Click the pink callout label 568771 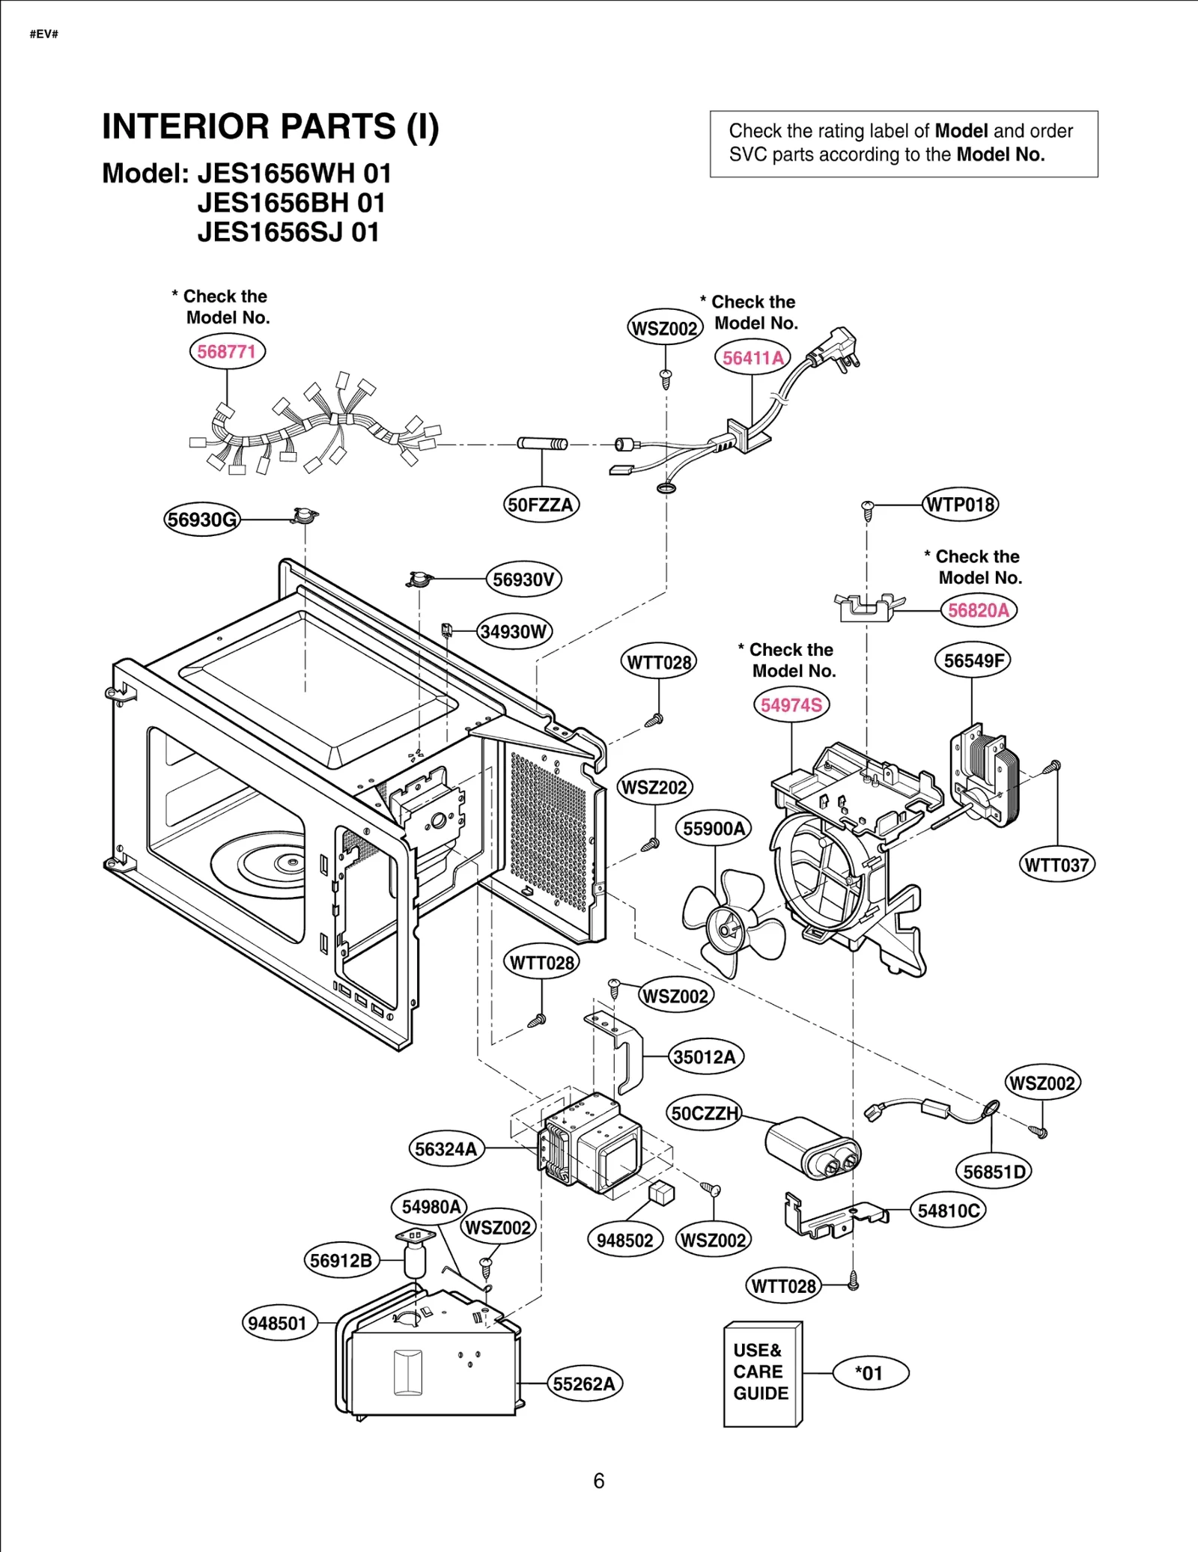click(227, 351)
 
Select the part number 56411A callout click(752, 358)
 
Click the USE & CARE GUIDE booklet click(761, 1373)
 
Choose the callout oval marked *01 click(870, 1373)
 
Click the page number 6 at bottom click(599, 1481)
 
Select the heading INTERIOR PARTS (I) click(270, 127)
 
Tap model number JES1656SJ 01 click(288, 232)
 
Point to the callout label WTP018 click(960, 505)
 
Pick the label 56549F click(973, 660)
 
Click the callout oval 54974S click(791, 705)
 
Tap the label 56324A click(446, 1149)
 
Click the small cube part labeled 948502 click(662, 1193)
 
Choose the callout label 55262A click(584, 1384)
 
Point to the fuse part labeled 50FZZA click(542, 444)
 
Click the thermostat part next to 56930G click(305, 515)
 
